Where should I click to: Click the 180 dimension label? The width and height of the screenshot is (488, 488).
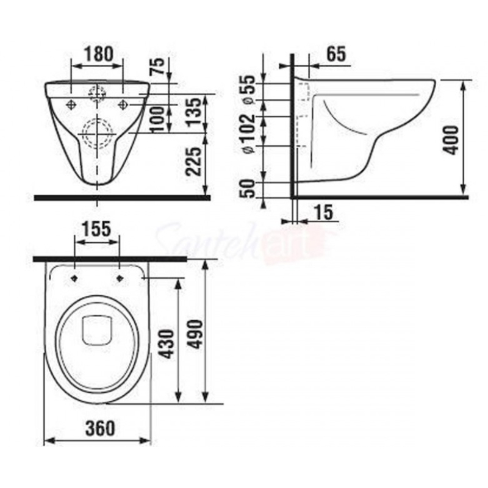[x=98, y=54]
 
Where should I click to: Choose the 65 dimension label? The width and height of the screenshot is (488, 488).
[x=337, y=54]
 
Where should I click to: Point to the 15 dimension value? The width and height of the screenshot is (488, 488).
[x=325, y=213]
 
